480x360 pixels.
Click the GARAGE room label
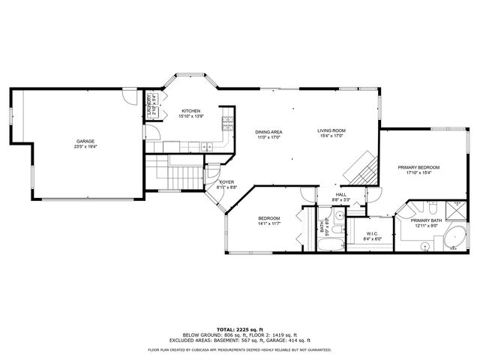pyautogui.click(x=84, y=141)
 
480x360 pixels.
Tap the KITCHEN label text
pyautogui.click(x=190, y=111)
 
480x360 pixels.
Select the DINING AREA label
pyautogui.click(x=268, y=131)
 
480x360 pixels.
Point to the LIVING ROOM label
pyautogui.click(x=331, y=131)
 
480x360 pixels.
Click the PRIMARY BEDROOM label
pyautogui.click(x=418, y=167)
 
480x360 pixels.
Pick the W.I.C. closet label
pyautogui.click(x=373, y=233)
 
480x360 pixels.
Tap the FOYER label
pyautogui.click(x=227, y=182)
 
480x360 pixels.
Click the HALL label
pyautogui.click(x=341, y=195)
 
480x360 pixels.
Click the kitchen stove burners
pyautogui.click(x=226, y=124)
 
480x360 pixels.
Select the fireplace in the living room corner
pyautogui.click(x=364, y=166)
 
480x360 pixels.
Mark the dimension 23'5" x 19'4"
pyautogui.click(x=84, y=147)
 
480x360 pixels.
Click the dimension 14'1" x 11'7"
pyautogui.click(x=268, y=223)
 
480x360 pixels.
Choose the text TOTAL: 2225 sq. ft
pyautogui.click(x=240, y=328)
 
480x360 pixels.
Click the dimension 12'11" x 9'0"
pyautogui.click(x=425, y=226)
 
